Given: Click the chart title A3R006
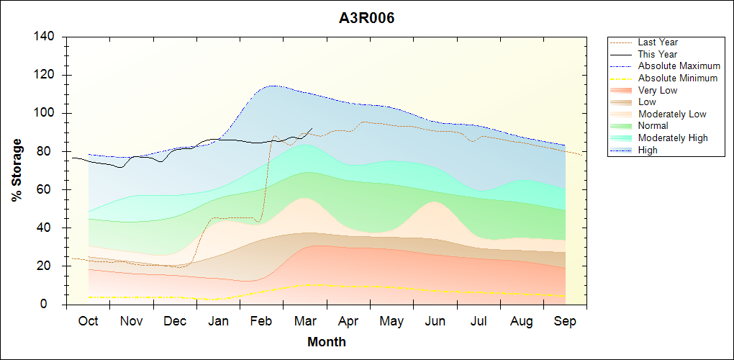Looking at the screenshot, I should [x=366, y=18].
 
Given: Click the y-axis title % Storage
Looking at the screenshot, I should [x=17, y=170].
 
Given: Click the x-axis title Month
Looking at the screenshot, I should [x=326, y=342].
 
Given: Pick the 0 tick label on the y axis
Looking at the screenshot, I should [x=53, y=305].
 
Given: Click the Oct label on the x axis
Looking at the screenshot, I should [x=88, y=321].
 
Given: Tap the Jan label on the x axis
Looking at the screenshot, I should [x=218, y=321].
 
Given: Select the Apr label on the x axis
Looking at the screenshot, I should [x=348, y=321].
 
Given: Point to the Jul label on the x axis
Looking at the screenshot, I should [x=479, y=321].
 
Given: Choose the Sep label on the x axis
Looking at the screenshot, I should [x=565, y=321].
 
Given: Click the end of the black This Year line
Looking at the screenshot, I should [x=312, y=129].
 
